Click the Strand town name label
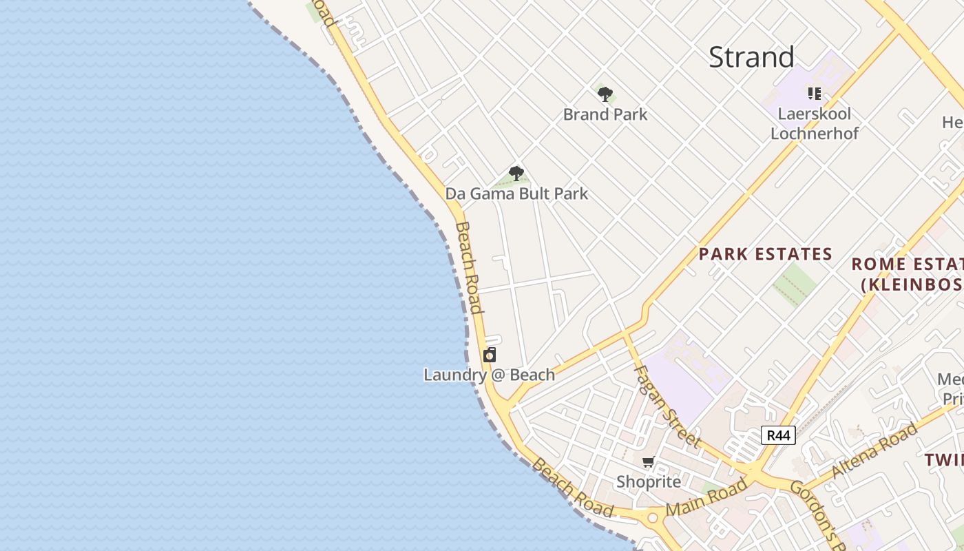(751, 57)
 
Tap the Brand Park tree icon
(605, 94)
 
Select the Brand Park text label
(605, 114)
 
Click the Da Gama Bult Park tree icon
(516, 174)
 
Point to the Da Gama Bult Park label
(516, 194)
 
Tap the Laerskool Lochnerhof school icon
(815, 94)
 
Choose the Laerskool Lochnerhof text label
(815, 123)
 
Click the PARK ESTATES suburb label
(766, 254)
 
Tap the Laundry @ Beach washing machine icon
(490, 355)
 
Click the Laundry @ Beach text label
(489, 375)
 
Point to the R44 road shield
(778, 435)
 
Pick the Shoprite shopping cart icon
(648, 462)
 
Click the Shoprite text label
(648, 481)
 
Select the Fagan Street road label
(666, 406)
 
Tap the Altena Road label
(874, 451)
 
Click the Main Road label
(706, 498)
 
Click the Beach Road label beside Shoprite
(572, 488)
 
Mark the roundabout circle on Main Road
(652, 517)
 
